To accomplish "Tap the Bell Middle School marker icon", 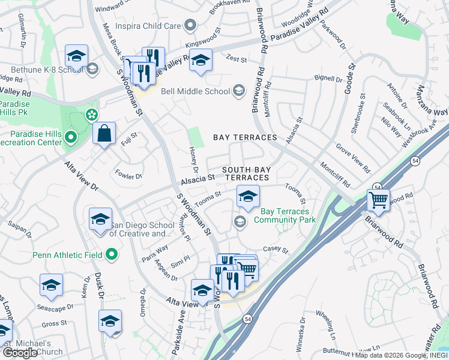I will point(239,91).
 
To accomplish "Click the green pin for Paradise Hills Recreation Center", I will point(70,137).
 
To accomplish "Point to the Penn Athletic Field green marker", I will point(111,256).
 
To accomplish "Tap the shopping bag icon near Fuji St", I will point(104,134).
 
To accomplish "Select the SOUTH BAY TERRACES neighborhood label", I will point(245,174).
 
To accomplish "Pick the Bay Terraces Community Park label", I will point(285,215).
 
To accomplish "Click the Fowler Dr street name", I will point(128,176).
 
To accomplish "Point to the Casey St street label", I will point(276,250).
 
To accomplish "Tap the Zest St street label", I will point(237,59).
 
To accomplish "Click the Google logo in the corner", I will point(20,353).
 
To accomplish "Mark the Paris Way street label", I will point(154,249).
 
